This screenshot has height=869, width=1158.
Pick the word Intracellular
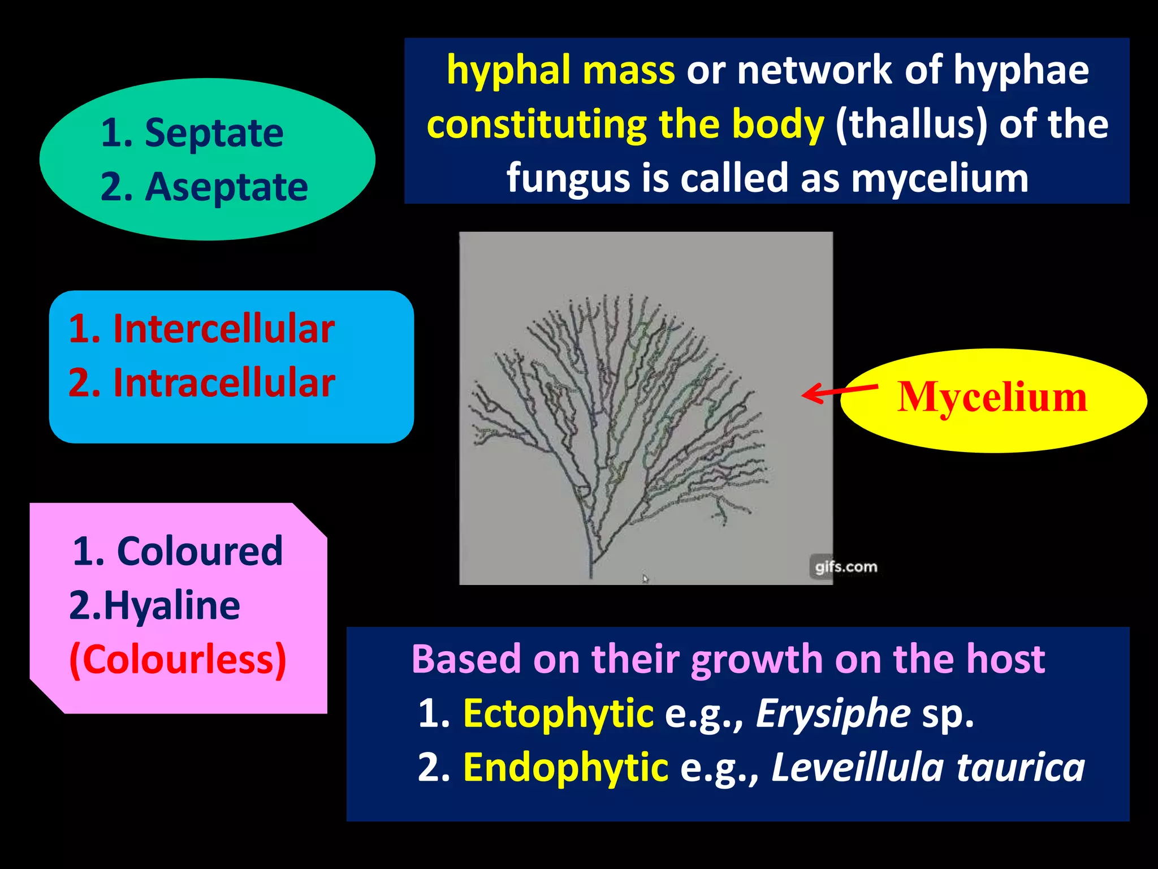224,383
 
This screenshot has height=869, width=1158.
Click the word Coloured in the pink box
199,551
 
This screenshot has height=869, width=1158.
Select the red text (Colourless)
178,660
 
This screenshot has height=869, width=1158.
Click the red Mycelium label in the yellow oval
992,397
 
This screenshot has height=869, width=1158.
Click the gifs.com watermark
846,567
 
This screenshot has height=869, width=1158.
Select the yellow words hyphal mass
560,71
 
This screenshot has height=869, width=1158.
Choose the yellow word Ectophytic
558,713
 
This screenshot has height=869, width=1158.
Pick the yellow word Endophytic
565,768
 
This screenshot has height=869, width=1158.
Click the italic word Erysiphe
833,713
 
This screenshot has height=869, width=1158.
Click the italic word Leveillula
857,768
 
